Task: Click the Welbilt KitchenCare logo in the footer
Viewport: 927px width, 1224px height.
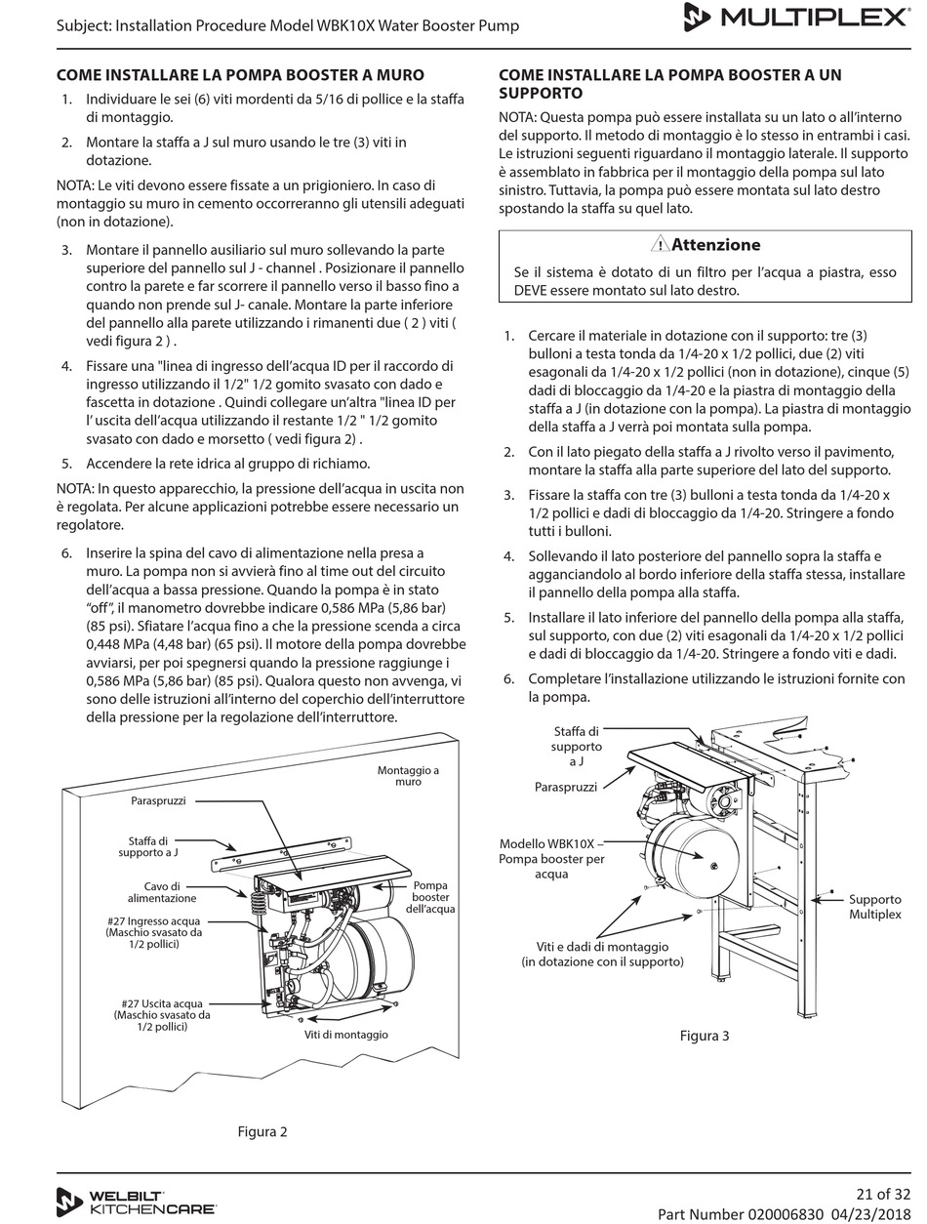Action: click(x=136, y=1202)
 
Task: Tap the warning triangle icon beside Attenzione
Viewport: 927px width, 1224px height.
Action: click(x=661, y=245)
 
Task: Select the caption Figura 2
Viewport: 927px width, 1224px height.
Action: click(x=262, y=1132)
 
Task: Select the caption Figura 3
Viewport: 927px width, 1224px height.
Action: click(x=704, y=1036)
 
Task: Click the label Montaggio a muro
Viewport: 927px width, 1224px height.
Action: click(x=408, y=776)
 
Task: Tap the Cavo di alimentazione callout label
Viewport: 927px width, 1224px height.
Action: click(x=162, y=892)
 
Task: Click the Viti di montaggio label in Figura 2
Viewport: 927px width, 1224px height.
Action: click(x=345, y=1035)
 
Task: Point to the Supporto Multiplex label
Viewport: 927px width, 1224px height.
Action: click(x=874, y=907)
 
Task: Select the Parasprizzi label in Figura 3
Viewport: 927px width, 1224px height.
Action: click(x=565, y=786)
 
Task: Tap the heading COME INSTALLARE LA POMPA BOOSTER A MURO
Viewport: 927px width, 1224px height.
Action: click(x=240, y=75)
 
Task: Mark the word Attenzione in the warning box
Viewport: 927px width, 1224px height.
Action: click(x=716, y=245)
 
